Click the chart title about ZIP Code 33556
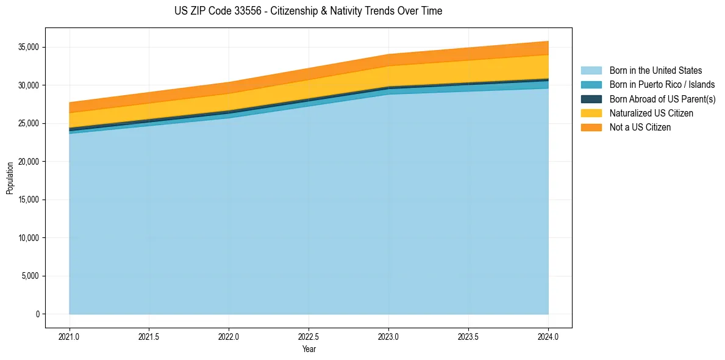point(308,11)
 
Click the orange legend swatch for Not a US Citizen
point(591,128)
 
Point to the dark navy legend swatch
point(591,99)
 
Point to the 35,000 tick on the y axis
point(29,47)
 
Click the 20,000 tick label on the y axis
point(29,162)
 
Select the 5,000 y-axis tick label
point(30,276)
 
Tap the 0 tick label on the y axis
point(37,314)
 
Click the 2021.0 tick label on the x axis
point(70,336)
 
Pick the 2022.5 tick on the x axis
point(309,336)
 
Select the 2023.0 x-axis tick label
point(388,336)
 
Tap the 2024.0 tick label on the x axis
point(548,336)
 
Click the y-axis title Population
point(10,178)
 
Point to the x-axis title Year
point(309,350)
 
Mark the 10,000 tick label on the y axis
point(29,238)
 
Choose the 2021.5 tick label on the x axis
point(149,336)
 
